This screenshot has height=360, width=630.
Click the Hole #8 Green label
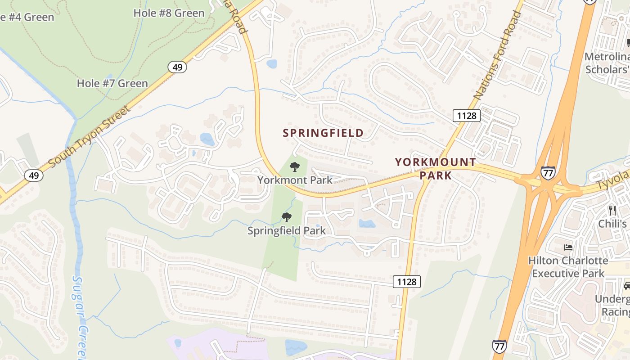[169, 13]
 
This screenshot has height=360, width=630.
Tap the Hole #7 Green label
[112, 83]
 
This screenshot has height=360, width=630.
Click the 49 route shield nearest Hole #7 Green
[177, 67]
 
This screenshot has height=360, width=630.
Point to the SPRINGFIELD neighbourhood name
[323, 133]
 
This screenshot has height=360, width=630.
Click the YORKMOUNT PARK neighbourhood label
[436, 169]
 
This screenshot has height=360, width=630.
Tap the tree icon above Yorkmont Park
[295, 167]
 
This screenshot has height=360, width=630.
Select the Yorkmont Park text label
[295, 180]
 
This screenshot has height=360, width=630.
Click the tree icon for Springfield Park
[286, 218]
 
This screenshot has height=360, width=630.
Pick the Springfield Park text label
[287, 231]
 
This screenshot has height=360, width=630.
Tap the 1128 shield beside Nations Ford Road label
[466, 116]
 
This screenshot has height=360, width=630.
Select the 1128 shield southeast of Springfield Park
[407, 282]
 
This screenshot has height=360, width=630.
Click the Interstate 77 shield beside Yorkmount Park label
[548, 172]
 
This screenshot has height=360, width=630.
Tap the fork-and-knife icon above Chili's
[612, 210]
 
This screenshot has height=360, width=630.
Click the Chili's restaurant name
[612, 224]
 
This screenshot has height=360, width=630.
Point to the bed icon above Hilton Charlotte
[568, 247]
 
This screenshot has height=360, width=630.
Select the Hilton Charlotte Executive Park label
[568, 267]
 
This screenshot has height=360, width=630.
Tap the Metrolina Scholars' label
[607, 63]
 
